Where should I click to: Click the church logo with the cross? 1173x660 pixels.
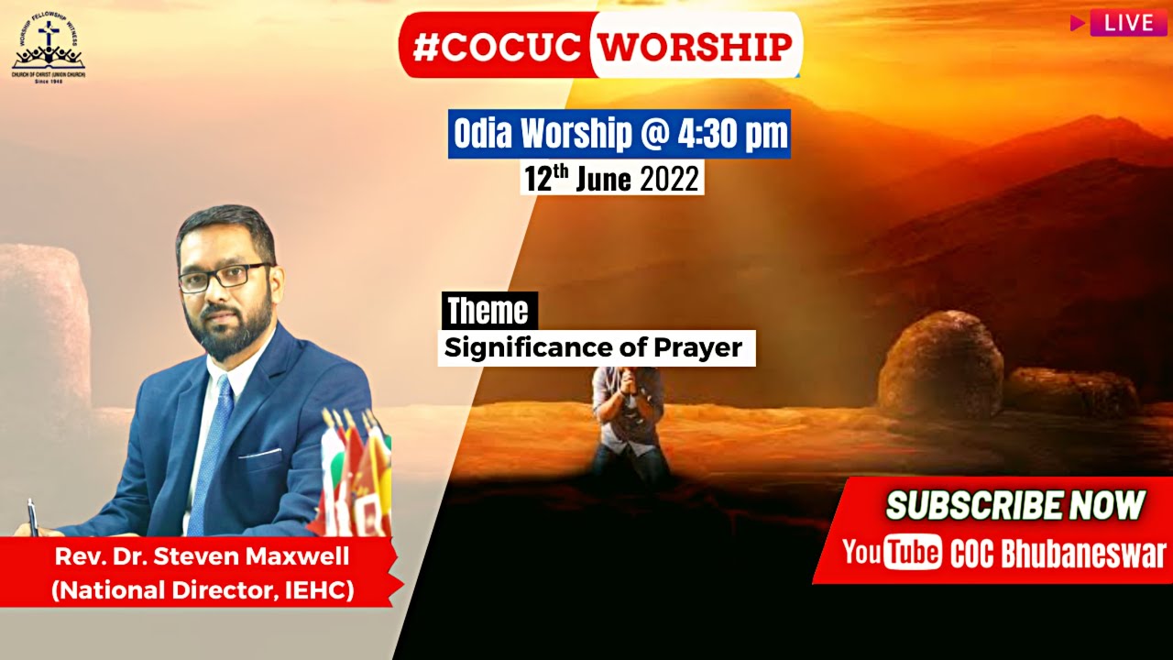click(x=48, y=46)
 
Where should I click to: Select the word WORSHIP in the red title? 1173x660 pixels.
click(x=696, y=47)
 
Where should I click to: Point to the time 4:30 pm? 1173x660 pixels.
click(x=732, y=135)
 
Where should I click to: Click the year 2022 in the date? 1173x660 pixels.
click(x=669, y=178)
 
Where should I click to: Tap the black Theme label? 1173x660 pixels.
click(x=488, y=312)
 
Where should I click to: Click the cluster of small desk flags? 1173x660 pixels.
click(x=357, y=472)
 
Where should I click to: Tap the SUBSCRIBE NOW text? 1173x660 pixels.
click(x=1015, y=505)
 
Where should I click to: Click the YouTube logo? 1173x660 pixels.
click(x=892, y=553)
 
